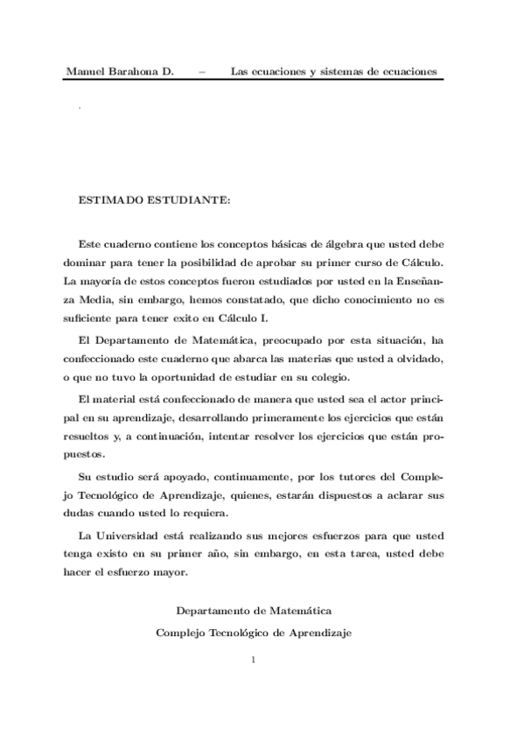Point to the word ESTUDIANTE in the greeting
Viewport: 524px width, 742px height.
click(x=184, y=200)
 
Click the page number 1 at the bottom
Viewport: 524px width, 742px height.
click(x=253, y=661)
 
